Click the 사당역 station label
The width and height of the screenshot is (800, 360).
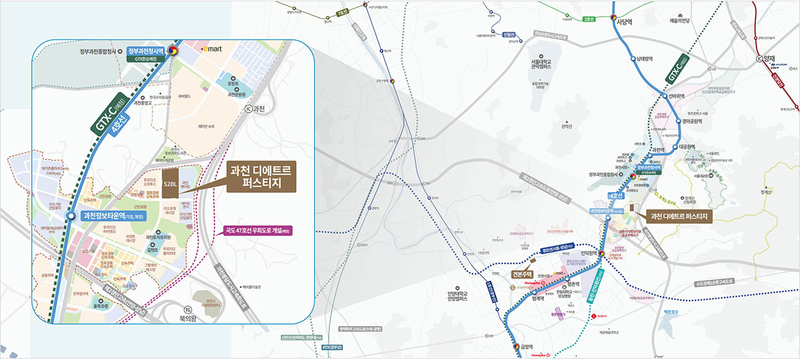pyautogui.click(x=625, y=21)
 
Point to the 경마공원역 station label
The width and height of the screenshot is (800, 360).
pyautogui.click(x=691, y=121)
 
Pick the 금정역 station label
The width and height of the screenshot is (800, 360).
pyautogui.click(x=527, y=346)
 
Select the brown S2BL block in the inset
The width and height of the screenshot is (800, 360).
pyautogui.click(x=170, y=184)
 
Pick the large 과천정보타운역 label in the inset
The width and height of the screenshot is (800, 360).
pyautogui.click(x=111, y=216)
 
